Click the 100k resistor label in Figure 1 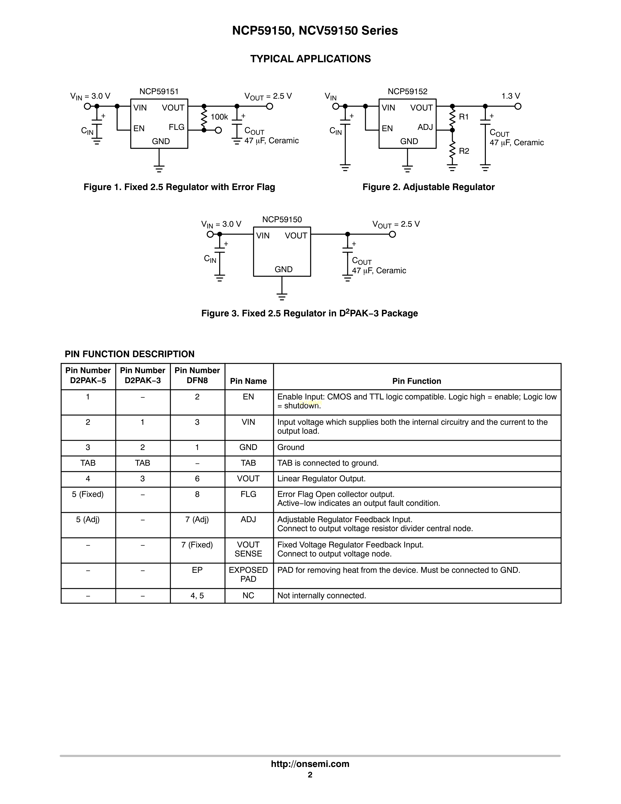tap(219, 117)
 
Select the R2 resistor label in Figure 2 tap(464, 151)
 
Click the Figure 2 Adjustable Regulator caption tap(428, 187)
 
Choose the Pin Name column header tap(248, 381)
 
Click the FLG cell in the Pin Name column tap(248, 494)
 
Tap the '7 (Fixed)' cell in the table tap(197, 545)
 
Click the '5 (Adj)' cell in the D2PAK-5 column tap(88, 519)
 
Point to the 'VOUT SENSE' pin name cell tap(248, 549)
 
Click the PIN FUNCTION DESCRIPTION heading tap(130, 354)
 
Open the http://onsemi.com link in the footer tap(310, 764)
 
